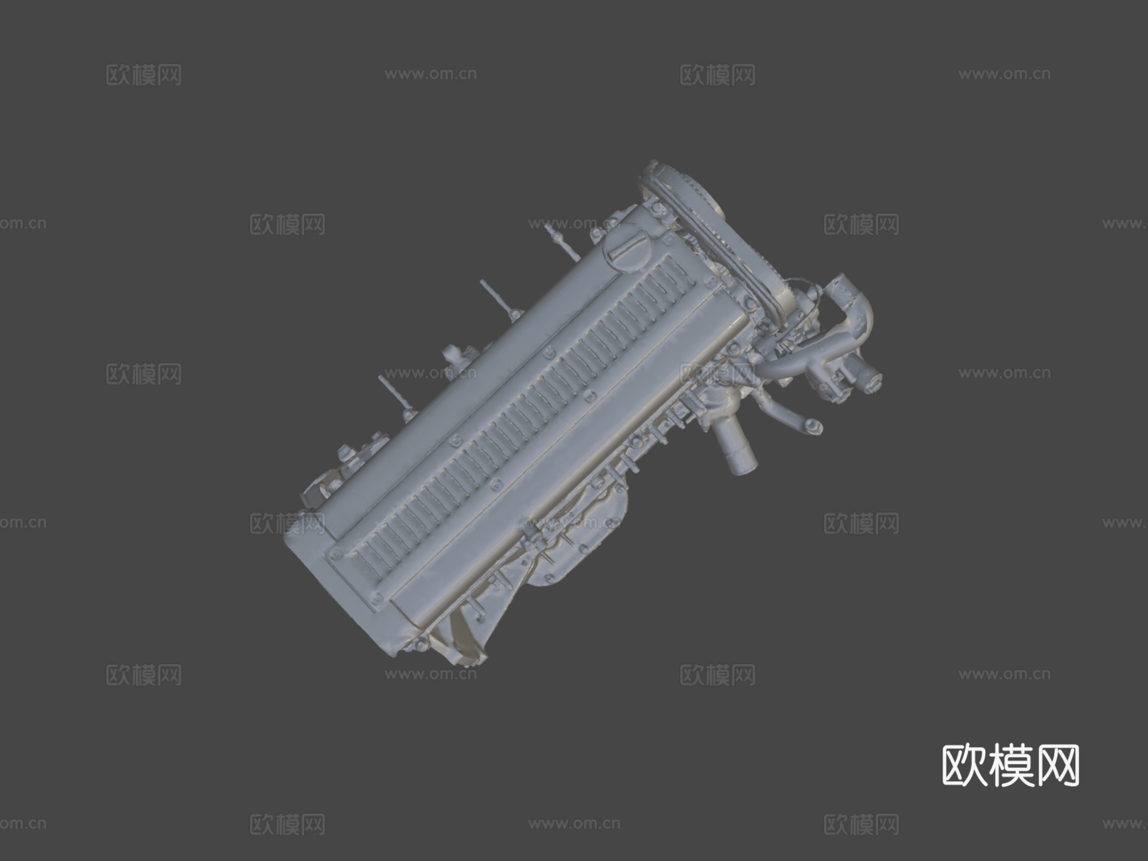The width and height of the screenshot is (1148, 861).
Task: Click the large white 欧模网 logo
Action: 1011,765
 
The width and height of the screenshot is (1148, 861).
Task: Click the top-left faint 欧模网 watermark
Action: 143,75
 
